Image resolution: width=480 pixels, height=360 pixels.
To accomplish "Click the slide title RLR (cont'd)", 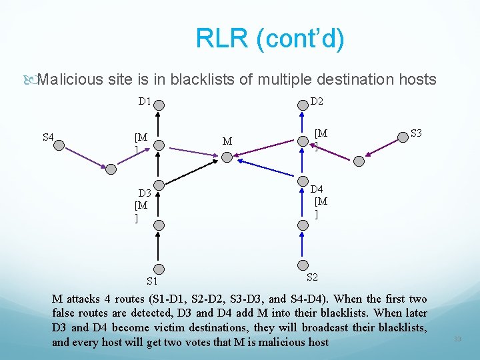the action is (x=270, y=39).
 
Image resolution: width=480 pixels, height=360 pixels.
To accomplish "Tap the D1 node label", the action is (x=144, y=102).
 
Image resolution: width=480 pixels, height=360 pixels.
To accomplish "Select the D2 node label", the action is (x=317, y=101).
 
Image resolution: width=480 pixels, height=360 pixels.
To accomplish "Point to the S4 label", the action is (x=48, y=137).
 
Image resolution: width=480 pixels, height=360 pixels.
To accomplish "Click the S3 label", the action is (x=417, y=133).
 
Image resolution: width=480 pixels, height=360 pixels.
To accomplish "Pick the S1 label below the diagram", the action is (x=153, y=282).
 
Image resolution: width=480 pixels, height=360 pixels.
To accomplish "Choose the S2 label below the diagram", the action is (x=312, y=276).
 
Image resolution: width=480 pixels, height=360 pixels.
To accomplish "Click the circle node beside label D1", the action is (x=159, y=104).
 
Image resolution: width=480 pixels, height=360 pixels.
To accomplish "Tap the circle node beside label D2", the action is (x=302, y=104).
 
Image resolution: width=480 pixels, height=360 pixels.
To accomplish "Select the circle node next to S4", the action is (x=59, y=145).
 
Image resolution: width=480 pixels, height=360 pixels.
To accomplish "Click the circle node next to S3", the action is (x=402, y=137).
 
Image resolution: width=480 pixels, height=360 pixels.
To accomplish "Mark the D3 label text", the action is (x=145, y=194).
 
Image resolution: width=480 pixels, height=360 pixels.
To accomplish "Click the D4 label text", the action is (x=317, y=189).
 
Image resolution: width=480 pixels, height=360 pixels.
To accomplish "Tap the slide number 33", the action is (x=457, y=339).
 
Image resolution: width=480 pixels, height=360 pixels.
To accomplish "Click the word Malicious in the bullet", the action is (x=70, y=80).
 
